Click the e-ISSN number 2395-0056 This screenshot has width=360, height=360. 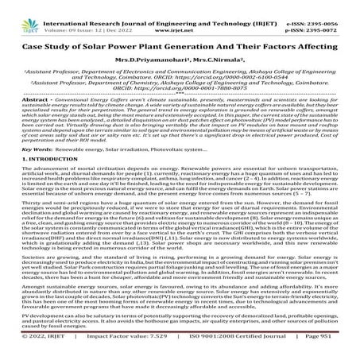[x=333, y=7]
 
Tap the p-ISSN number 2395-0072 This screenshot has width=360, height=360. [x=333, y=16]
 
